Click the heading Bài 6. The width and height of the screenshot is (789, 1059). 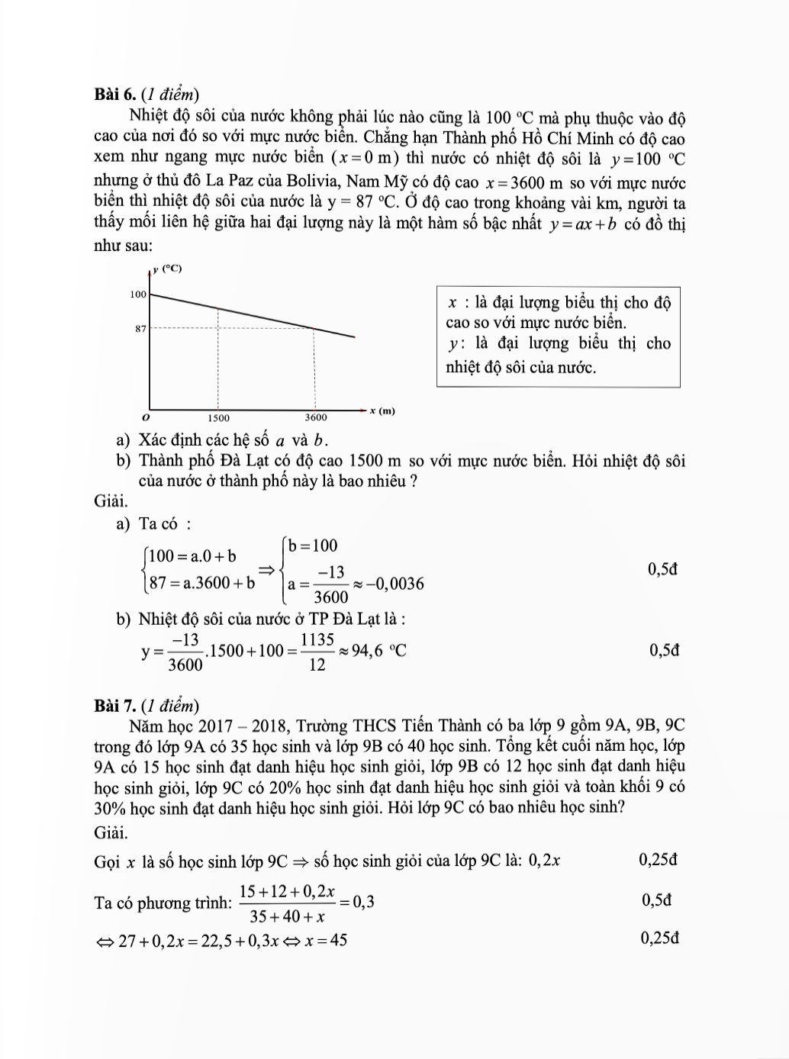click(114, 94)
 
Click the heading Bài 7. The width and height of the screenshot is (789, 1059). click(114, 705)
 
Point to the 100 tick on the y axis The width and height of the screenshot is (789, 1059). click(138, 294)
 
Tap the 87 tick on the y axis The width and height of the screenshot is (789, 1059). click(140, 329)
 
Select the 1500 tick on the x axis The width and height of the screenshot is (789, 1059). click(218, 417)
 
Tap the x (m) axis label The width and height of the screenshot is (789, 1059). click(382, 410)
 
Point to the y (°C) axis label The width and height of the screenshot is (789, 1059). click(167, 269)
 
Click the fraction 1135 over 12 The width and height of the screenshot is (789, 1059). click(317, 652)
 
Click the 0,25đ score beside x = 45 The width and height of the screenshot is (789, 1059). click(660, 938)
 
